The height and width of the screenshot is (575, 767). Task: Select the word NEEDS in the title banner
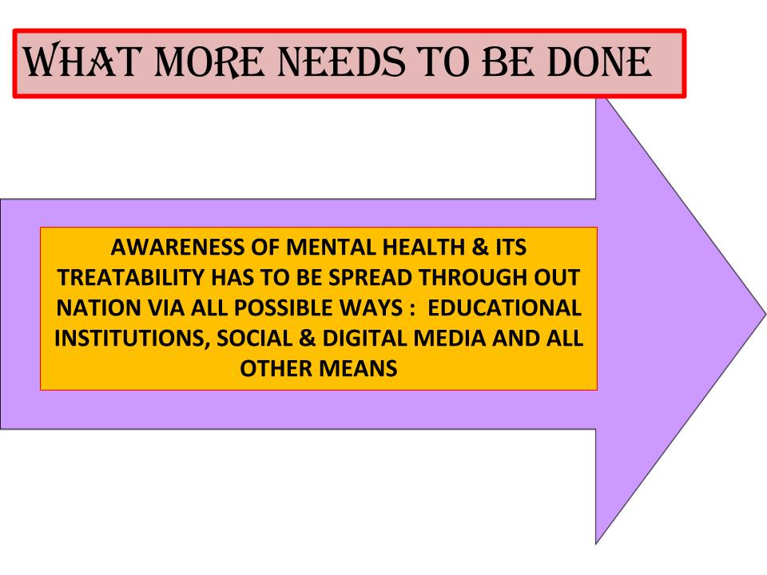[x=341, y=62]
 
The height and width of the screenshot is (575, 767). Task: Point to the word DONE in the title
[x=599, y=62]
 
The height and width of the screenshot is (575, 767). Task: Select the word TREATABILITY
[x=131, y=278]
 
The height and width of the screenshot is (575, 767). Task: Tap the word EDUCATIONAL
[x=504, y=308]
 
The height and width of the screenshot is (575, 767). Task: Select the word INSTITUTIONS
[x=132, y=339]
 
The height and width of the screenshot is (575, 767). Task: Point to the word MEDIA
[x=450, y=339]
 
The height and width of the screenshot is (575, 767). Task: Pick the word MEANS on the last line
[x=359, y=369]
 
